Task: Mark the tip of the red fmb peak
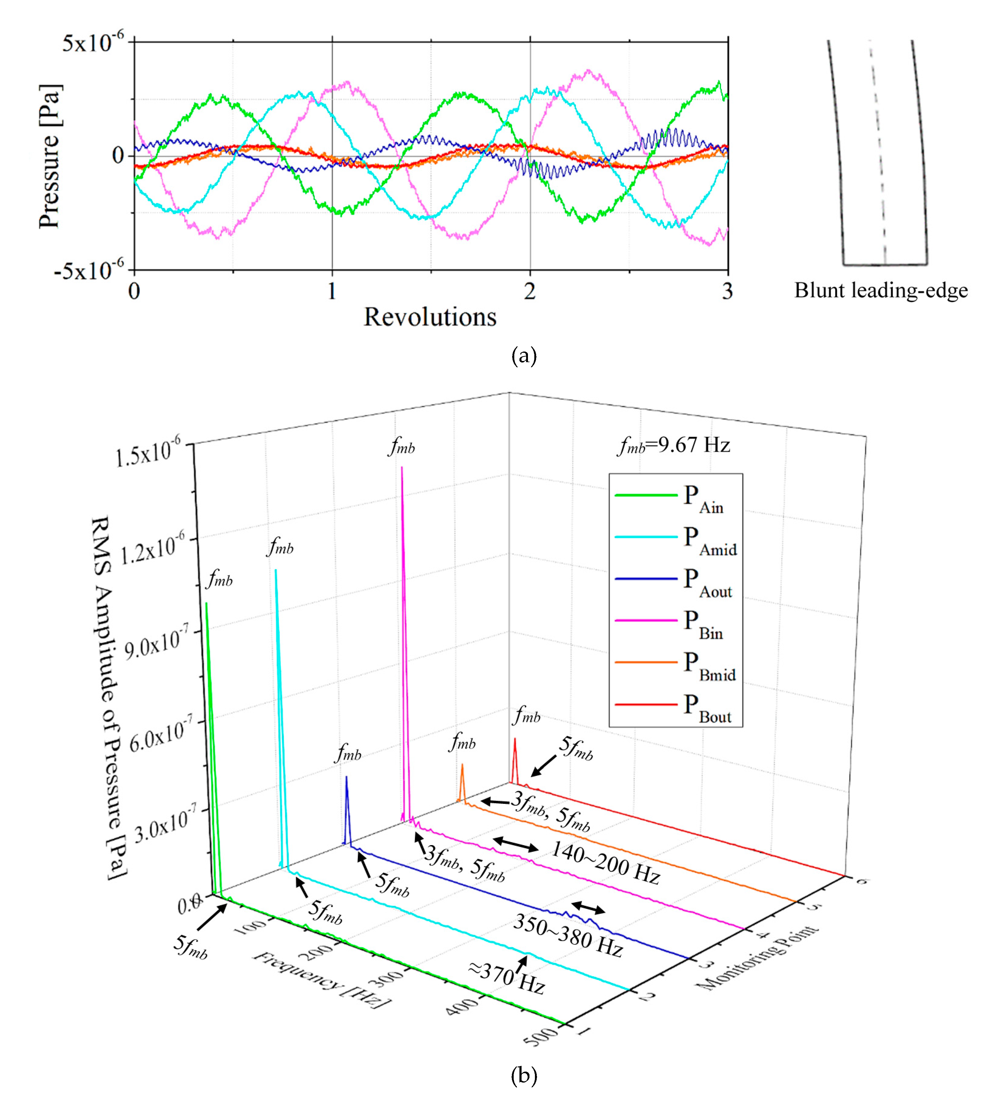click(x=515, y=739)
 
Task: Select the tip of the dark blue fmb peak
click(x=346, y=777)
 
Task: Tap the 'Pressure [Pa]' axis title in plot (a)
click(x=49, y=156)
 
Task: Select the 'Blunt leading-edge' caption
click(x=881, y=291)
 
